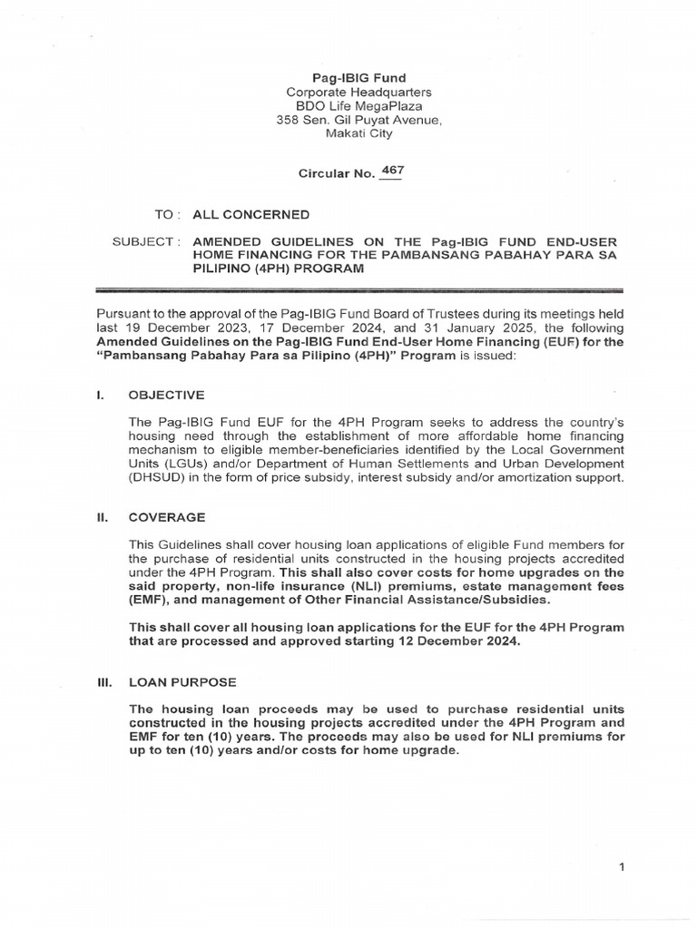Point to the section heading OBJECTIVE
(167, 396)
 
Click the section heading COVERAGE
(167, 517)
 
